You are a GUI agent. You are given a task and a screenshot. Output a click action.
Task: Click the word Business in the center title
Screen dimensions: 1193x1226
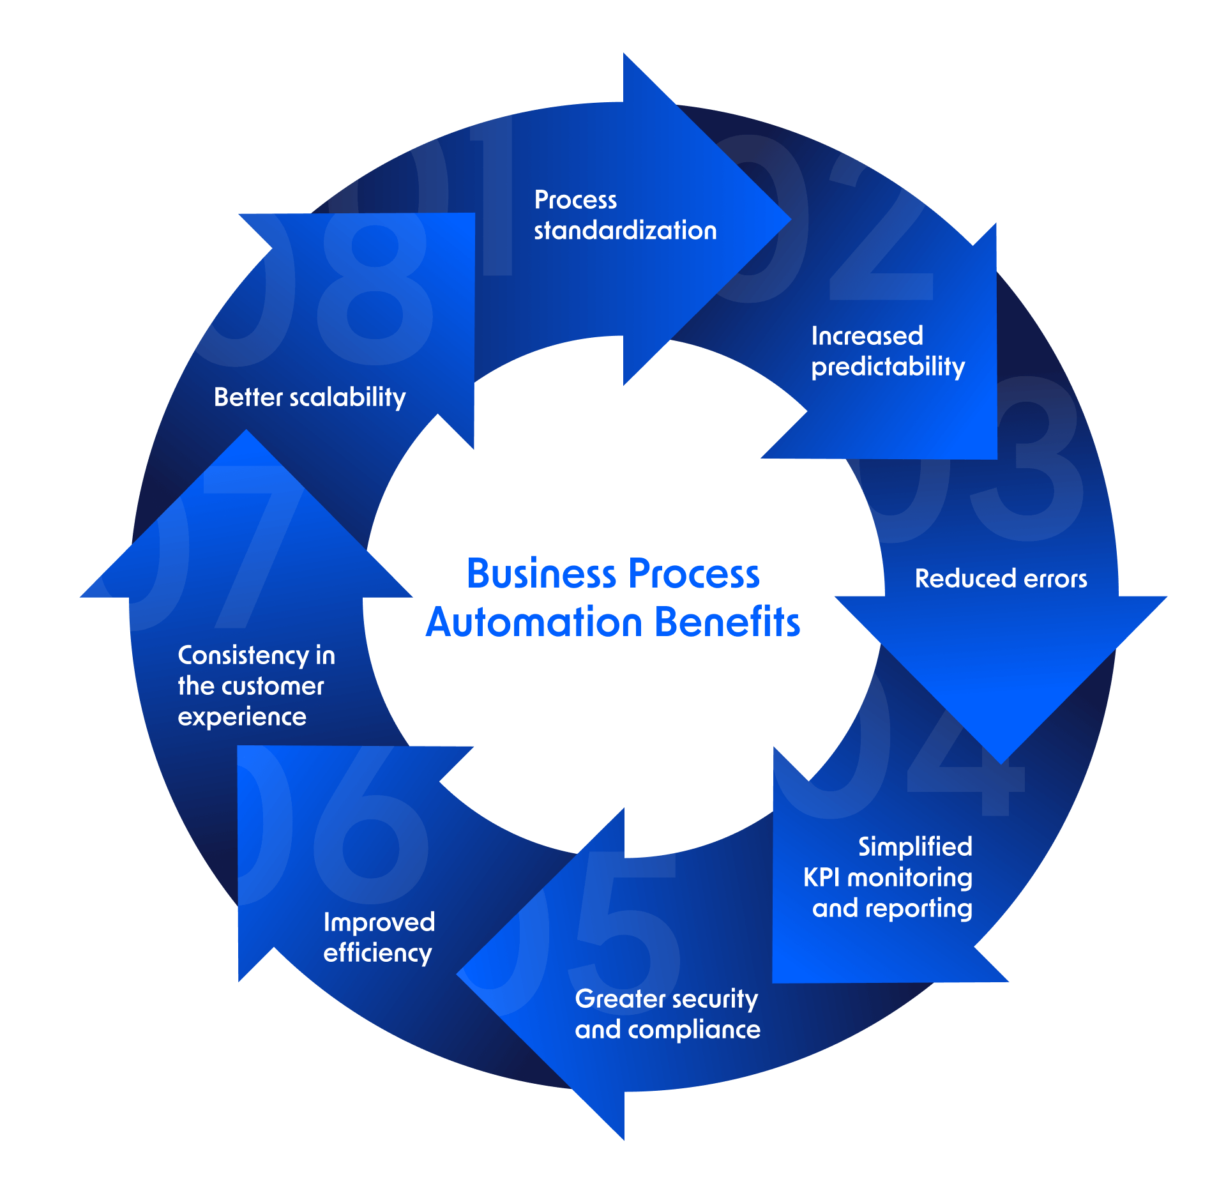[541, 574]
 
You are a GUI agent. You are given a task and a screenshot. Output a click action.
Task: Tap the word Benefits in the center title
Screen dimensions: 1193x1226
[727, 623]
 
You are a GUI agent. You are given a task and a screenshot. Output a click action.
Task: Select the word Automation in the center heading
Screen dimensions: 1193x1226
[534, 623]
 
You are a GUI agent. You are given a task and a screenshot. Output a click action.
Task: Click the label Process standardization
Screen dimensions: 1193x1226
[624, 215]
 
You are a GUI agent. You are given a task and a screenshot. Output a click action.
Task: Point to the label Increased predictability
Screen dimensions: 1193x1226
[887, 352]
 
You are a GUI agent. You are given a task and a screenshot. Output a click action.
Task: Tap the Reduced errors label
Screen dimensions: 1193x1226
[1000, 579]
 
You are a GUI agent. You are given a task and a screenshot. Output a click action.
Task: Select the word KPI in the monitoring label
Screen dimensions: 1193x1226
[821, 878]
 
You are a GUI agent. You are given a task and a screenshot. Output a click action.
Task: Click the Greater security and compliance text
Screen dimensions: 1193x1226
[667, 1014]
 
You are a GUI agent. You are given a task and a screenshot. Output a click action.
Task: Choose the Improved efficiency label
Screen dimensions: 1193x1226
[379, 938]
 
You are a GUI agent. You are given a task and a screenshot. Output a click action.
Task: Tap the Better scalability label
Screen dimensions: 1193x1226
[310, 397]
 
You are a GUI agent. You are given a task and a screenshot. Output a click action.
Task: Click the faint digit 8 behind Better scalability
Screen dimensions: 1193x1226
[375, 287]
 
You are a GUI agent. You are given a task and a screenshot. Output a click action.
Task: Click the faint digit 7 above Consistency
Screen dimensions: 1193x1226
[252, 543]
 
